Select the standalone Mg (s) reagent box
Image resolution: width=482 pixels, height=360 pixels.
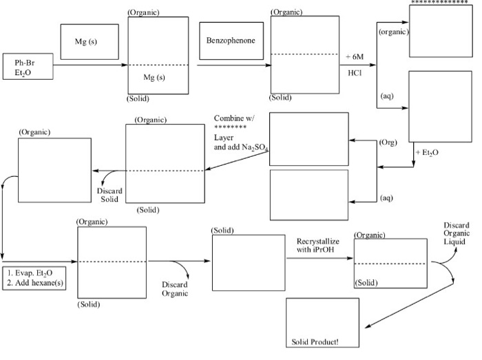click(86, 42)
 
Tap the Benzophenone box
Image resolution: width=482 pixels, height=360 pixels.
click(230, 41)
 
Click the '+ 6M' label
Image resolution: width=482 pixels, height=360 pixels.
click(358, 56)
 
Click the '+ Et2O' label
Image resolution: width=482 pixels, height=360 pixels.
click(427, 151)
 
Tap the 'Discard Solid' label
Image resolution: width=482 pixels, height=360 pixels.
click(108, 195)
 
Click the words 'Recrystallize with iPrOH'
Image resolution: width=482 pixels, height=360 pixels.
click(317, 246)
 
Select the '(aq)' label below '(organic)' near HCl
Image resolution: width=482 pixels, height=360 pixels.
click(386, 96)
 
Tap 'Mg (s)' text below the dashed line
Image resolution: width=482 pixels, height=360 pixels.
click(154, 77)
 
